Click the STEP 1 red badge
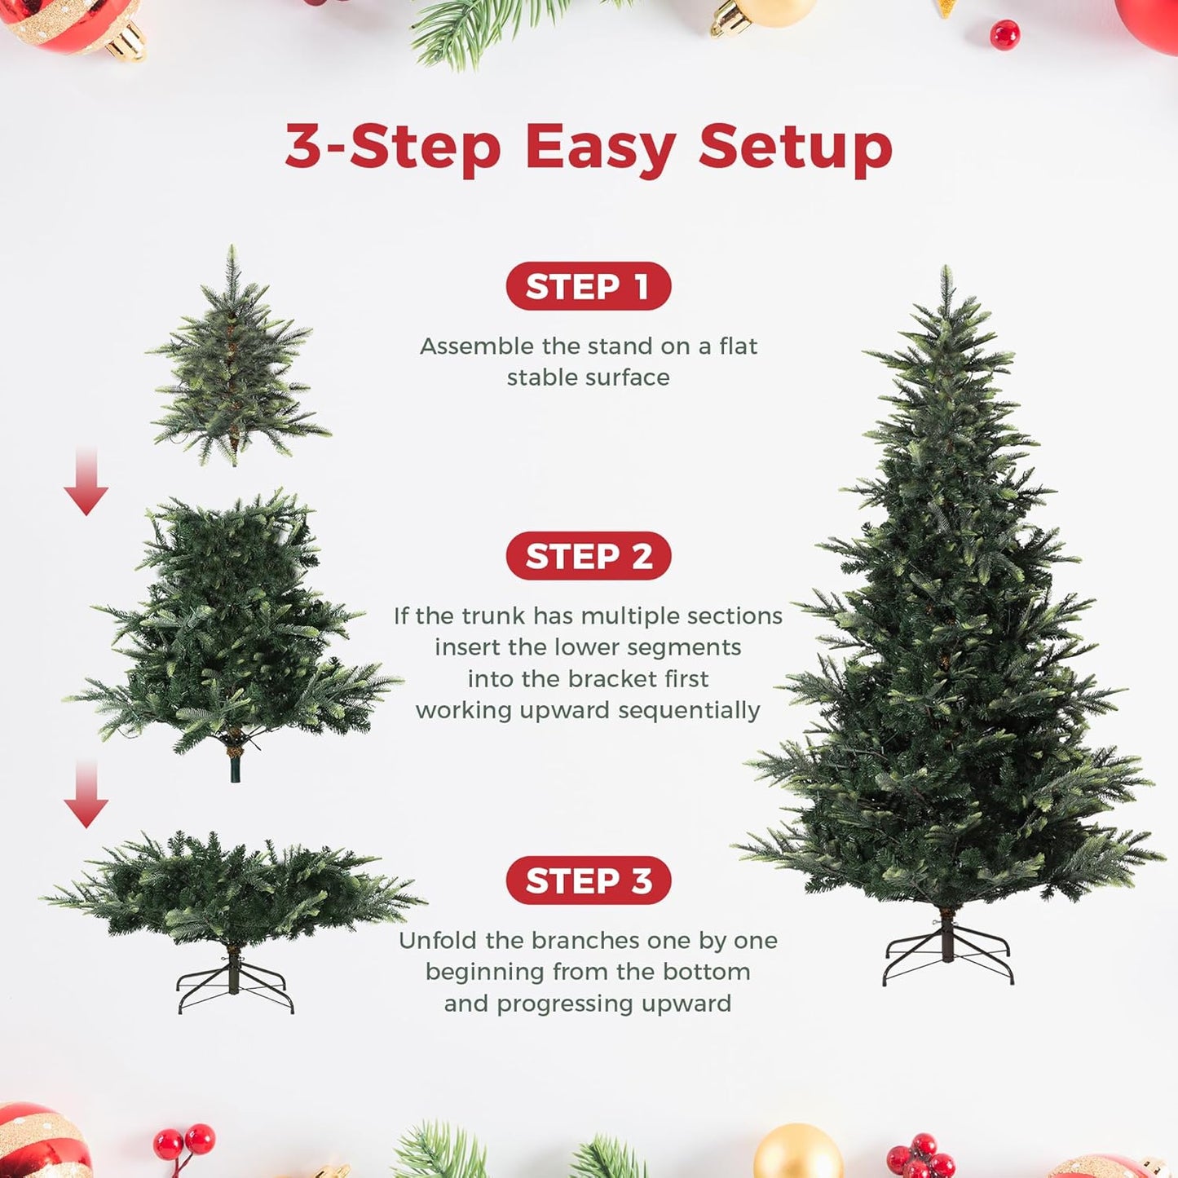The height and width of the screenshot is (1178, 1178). point(588,286)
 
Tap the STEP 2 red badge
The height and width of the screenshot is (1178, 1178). point(588,556)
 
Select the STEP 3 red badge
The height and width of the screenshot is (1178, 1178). point(588,880)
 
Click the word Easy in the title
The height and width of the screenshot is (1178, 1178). point(600,148)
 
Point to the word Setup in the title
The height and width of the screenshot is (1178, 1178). point(795,148)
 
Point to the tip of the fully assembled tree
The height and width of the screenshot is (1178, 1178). point(946,273)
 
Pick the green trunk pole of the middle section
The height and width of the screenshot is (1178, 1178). point(236,766)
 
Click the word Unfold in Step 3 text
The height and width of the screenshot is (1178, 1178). point(438,940)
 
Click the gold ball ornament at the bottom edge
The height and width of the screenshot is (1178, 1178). point(797,1154)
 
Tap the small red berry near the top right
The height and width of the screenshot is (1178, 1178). point(1004,35)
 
